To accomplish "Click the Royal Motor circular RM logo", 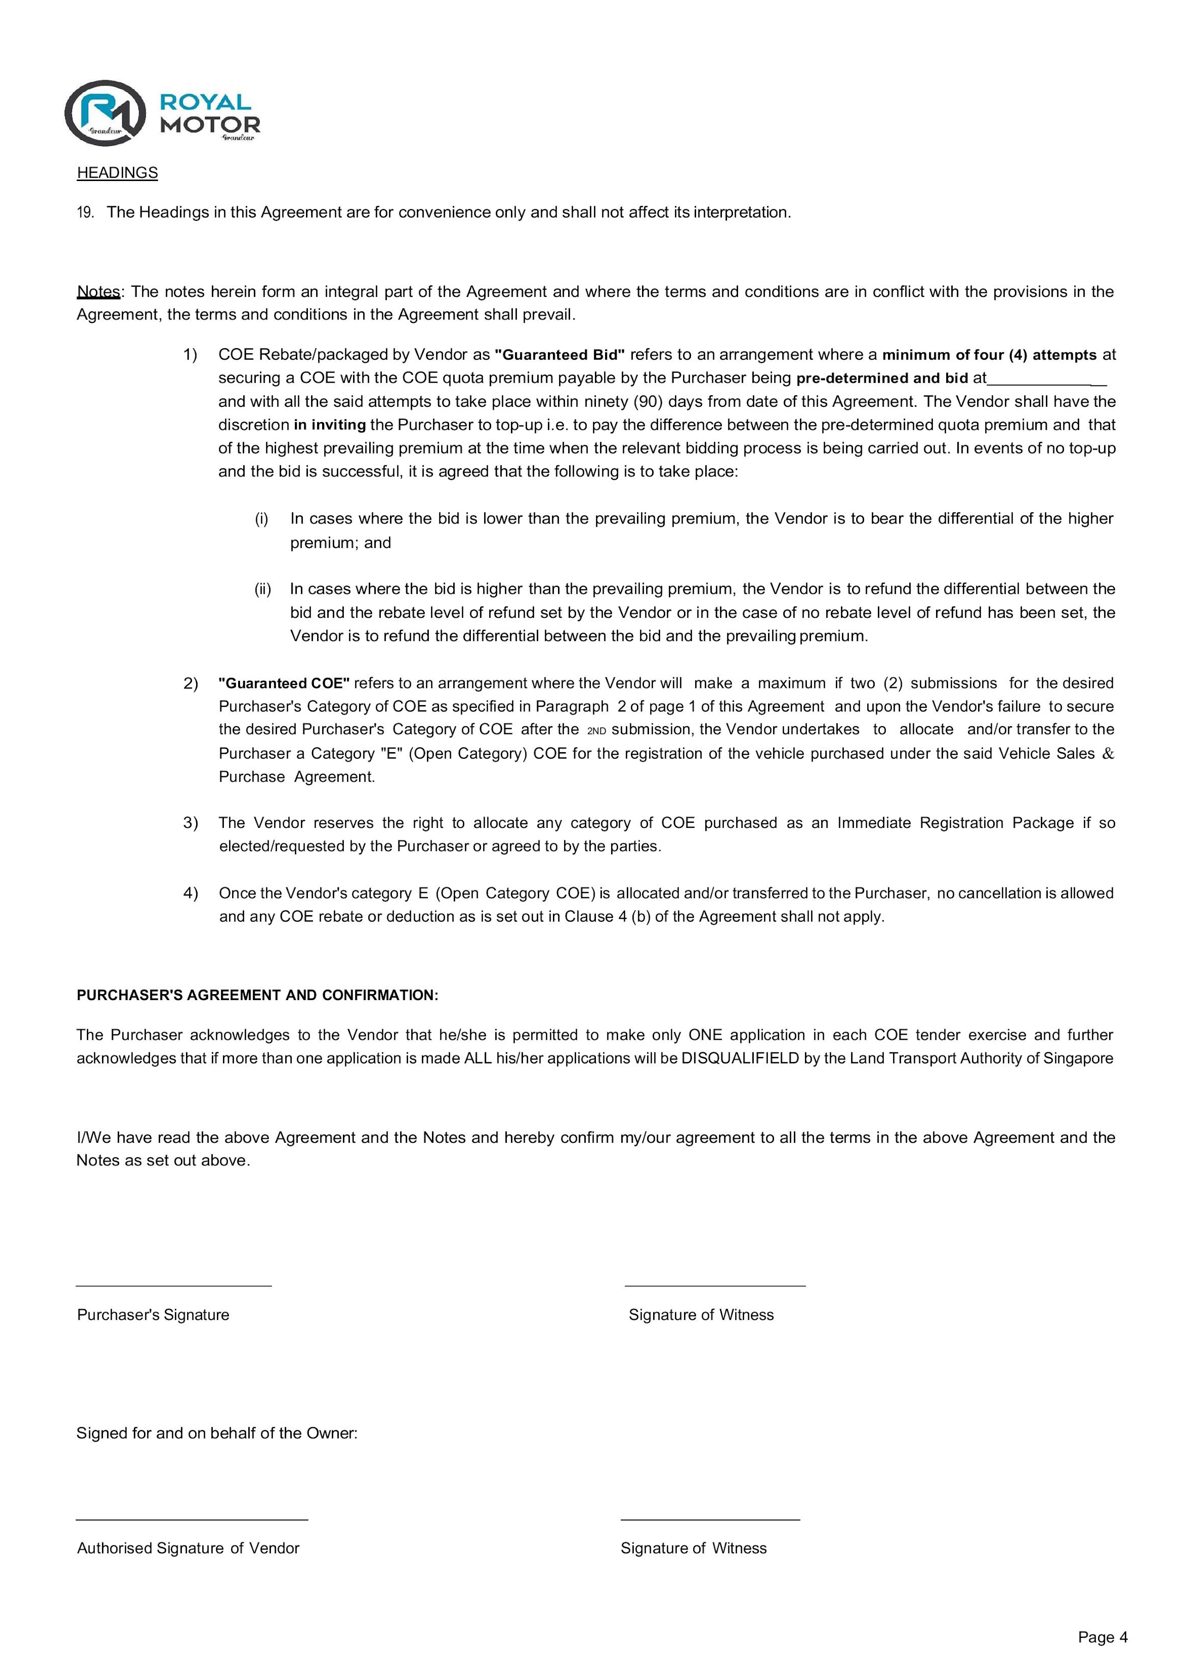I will [105, 112].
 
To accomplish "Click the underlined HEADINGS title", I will [117, 173].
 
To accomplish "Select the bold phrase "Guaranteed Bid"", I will [559, 355].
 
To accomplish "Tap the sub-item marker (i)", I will [261, 519].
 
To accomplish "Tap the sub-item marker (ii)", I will [262, 589].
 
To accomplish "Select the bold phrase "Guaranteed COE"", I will [284, 683].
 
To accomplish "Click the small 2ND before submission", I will [596, 731].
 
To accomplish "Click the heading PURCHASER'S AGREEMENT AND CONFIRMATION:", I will [257, 995].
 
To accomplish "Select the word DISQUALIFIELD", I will [740, 1058].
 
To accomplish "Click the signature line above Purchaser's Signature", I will [174, 1286].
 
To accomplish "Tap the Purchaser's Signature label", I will [153, 1315].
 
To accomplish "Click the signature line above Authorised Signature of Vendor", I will [192, 1519].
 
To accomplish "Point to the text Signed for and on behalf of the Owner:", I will [216, 1433].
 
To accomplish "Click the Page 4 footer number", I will [1102, 1637].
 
